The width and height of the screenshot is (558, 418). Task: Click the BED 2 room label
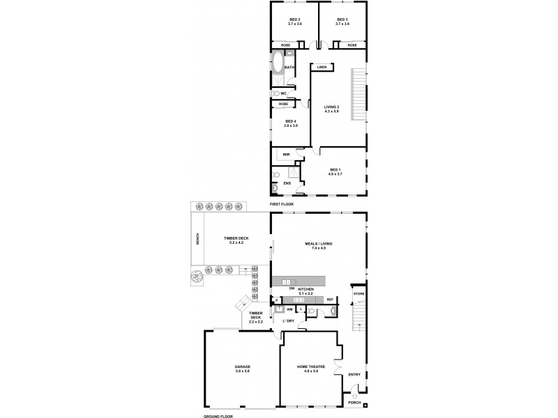294,20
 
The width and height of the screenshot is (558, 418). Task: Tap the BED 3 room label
342,20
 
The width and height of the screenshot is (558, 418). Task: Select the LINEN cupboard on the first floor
322,67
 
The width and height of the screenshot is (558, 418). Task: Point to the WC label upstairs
284,93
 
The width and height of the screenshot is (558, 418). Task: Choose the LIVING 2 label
331,107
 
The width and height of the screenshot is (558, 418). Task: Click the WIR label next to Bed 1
286,154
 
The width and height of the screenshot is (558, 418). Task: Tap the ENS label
286,183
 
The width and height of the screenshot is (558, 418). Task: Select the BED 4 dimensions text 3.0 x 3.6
290,126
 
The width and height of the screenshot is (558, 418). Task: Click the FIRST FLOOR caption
282,204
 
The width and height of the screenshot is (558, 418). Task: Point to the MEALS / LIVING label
319,244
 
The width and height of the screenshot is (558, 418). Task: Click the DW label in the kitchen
292,288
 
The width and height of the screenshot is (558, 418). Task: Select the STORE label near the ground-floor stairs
359,295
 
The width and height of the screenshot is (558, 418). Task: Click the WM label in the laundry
289,308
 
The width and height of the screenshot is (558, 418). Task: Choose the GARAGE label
243,366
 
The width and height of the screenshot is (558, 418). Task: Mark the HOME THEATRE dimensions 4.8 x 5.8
307,371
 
